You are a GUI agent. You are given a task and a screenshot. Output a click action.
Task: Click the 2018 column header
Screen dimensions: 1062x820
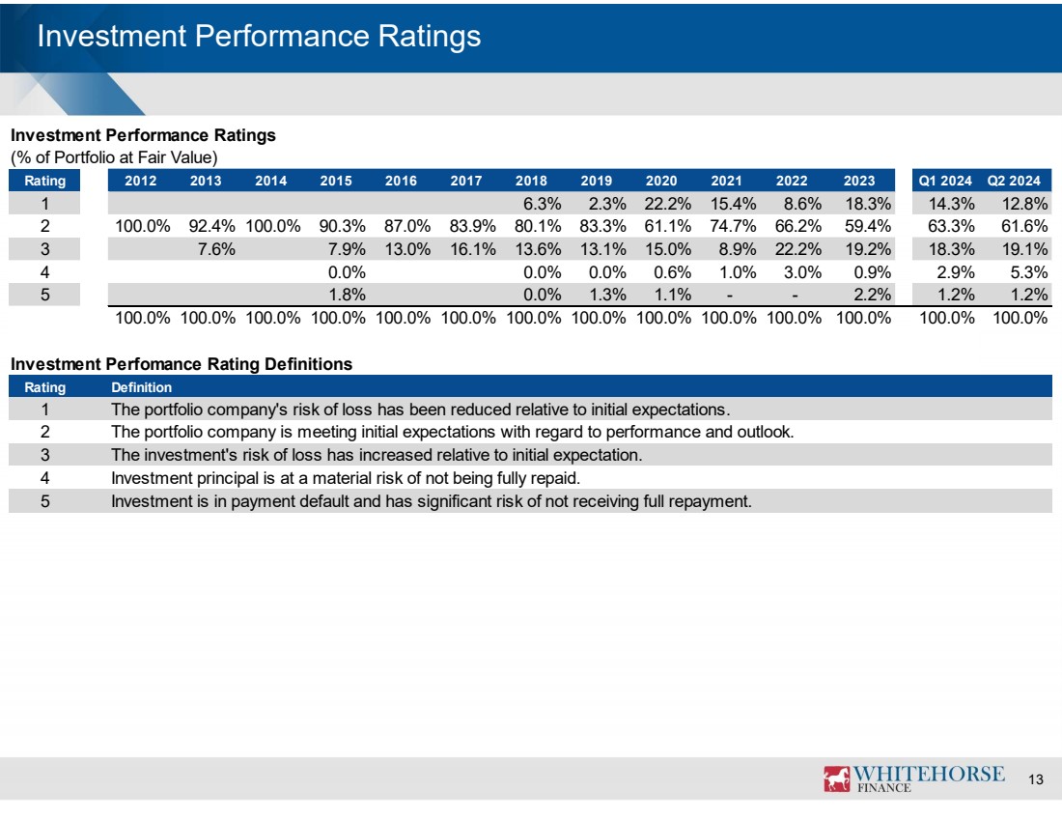[531, 181]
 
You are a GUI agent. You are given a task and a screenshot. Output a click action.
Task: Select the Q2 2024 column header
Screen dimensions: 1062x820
[1013, 181]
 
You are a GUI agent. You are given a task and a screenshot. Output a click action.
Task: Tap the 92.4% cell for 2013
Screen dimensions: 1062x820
[212, 226]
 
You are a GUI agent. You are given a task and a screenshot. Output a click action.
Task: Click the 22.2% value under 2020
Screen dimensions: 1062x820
[668, 204]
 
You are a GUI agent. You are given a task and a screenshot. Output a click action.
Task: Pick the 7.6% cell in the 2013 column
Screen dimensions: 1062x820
[216, 249]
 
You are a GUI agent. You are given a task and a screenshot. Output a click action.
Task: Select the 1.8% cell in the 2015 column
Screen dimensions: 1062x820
[347, 295]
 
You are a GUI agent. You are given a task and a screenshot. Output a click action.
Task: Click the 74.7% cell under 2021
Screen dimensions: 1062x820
[733, 226]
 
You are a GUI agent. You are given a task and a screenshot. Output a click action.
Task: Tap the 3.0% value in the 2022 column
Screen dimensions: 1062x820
[802, 272]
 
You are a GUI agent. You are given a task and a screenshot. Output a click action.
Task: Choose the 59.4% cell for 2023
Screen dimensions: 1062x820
[868, 226]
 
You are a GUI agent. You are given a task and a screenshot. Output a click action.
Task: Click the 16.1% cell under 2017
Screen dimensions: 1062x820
[473, 249]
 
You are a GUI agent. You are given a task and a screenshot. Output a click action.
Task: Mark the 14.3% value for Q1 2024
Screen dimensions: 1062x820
[952, 204]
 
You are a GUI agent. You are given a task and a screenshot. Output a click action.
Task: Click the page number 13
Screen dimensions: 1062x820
[1036, 779]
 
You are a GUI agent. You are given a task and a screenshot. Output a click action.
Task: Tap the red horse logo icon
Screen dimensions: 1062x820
[836, 778]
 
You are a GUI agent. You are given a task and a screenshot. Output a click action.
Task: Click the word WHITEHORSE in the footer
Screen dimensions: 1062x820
[929, 774]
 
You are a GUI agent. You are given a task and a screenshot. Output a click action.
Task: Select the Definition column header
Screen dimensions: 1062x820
[141, 387]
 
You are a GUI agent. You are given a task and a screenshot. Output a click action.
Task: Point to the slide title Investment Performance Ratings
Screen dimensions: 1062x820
[259, 36]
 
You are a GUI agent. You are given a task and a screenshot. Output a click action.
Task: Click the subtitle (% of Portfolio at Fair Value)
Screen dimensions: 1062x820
[114, 157]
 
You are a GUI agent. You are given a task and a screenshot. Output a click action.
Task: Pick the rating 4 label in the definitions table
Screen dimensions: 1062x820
[44, 478]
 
